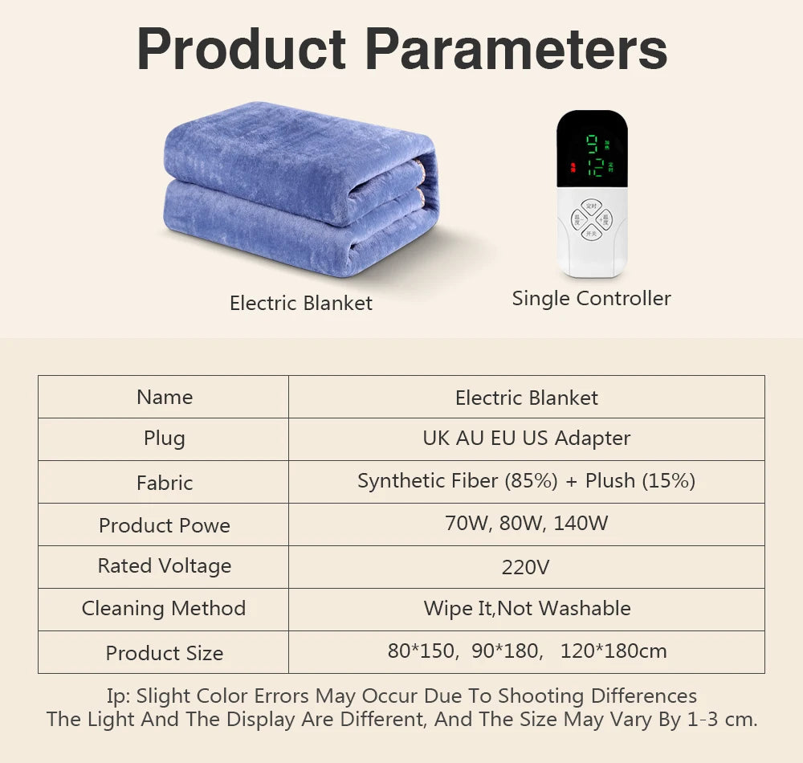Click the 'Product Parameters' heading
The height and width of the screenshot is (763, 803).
point(401,49)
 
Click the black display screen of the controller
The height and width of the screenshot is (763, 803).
point(592,149)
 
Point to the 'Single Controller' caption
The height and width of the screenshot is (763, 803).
point(591,299)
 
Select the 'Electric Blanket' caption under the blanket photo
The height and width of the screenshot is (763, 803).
point(301,303)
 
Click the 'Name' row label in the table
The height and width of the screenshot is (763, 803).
point(165,397)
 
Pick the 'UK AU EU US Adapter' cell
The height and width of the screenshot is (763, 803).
point(526,439)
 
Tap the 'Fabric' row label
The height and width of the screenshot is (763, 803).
point(165,483)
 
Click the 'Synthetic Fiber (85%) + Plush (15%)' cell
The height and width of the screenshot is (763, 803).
point(526,481)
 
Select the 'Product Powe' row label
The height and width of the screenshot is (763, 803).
point(165,525)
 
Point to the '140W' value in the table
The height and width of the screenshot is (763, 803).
point(581,524)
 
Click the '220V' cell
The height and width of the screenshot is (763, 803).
point(526,567)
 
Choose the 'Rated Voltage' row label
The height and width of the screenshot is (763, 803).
point(165,565)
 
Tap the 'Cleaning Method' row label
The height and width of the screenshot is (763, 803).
point(164,609)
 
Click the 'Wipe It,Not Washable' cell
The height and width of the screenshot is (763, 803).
point(527,609)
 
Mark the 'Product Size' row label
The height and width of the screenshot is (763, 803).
point(165,653)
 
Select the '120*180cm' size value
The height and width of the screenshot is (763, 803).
point(613,651)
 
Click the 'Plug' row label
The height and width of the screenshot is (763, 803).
point(165,439)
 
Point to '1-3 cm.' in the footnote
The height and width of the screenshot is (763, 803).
point(721,719)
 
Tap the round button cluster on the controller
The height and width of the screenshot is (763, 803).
point(592,219)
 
